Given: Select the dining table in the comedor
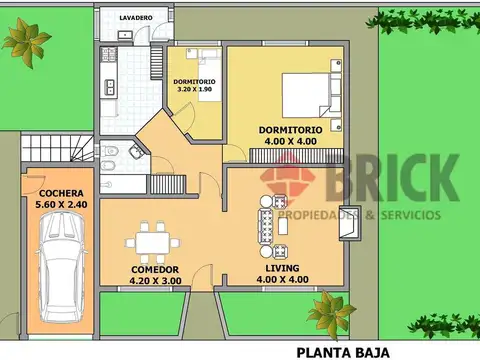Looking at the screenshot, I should coord(153,242).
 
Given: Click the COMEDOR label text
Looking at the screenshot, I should coord(155,270).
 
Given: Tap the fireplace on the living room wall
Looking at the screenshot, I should coord(348,229).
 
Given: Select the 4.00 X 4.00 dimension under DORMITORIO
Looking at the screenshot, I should coord(290,143).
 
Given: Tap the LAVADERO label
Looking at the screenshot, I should coord(135,18).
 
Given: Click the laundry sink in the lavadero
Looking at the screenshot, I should coord(125,35).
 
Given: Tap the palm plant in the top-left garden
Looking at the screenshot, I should coord(24,40).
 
